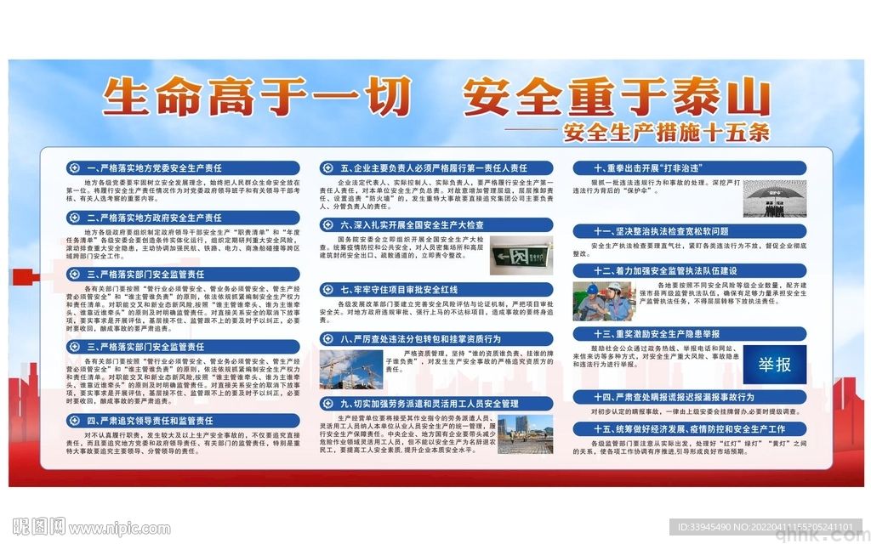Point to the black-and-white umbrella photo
(776, 201)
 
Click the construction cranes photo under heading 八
(351, 369)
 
